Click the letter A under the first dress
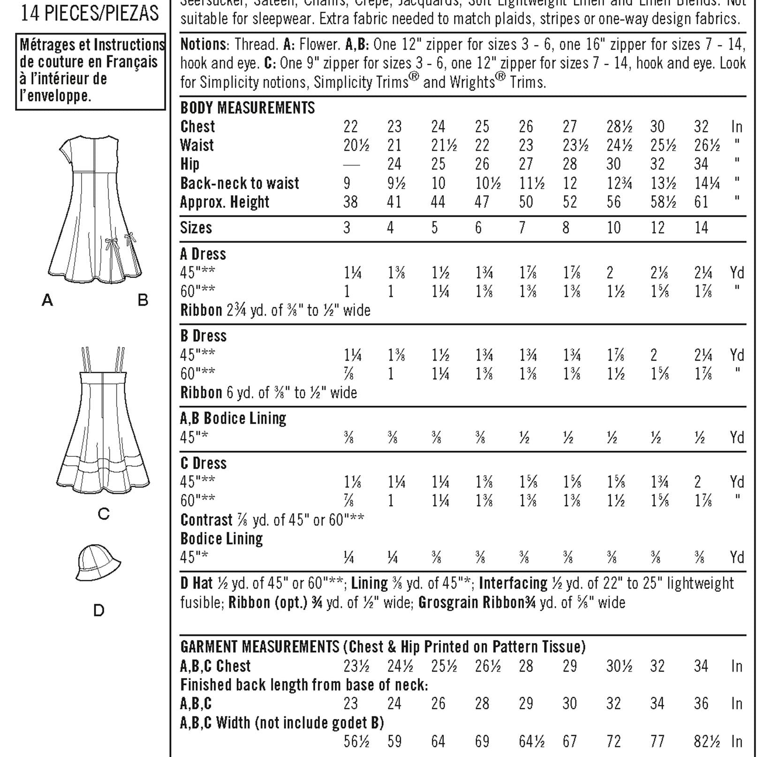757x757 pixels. [47, 300]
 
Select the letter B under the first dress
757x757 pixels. [143, 300]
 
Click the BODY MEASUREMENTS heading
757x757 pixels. [248, 108]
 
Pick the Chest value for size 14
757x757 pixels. [701, 127]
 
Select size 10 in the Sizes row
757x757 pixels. [613, 228]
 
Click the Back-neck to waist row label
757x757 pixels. [240, 183]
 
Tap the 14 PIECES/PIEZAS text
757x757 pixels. [90, 13]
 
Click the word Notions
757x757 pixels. [203, 45]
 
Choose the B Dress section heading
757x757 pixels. [203, 336]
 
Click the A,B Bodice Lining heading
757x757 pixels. [233, 418]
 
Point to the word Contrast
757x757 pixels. [206, 520]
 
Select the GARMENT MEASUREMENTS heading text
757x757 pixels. [259, 647]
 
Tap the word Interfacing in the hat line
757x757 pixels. [513, 583]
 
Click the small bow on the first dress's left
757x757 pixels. [111, 244]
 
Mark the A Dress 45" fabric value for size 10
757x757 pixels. [610, 273]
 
